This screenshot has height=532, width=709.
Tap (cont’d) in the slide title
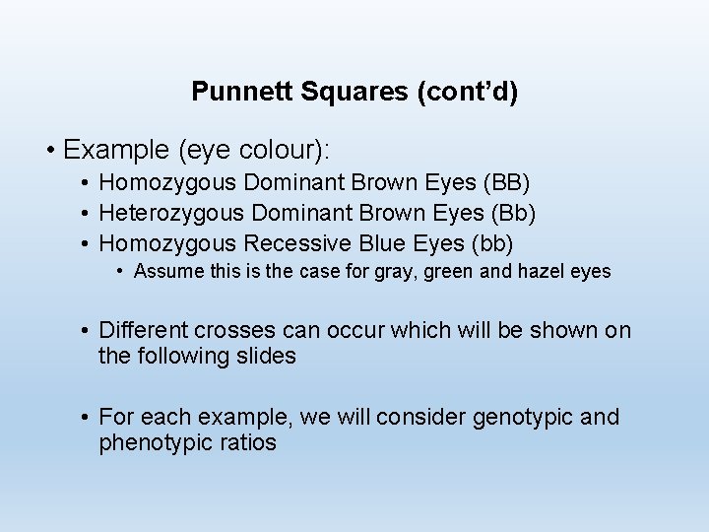[469, 93]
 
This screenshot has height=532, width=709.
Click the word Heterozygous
[173, 213]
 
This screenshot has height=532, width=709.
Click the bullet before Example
[49, 152]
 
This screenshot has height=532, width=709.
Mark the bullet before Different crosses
[87, 331]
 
